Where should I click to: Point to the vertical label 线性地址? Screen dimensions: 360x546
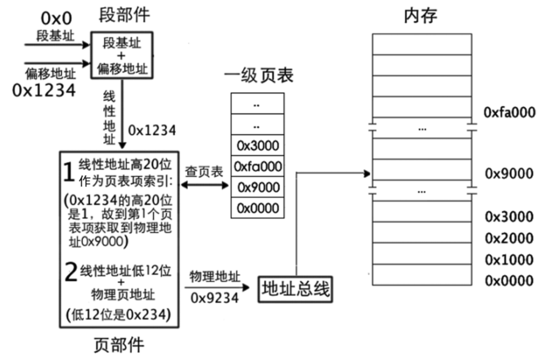pos(109,119)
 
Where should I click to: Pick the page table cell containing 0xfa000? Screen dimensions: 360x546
pos(258,167)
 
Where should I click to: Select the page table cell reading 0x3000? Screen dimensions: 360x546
pos(258,145)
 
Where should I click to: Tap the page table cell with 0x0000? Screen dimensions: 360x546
pos(258,208)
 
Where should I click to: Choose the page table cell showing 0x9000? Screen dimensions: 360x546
pos(258,187)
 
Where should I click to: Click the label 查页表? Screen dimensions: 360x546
pos(204,171)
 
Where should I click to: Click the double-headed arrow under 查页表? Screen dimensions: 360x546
pos(204,185)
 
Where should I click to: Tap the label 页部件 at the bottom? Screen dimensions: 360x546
pos(119,345)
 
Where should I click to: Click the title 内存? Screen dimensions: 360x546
pos(421,16)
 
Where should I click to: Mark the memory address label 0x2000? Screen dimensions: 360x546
pos(509,238)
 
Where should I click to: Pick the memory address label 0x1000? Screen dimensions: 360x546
pos(509,260)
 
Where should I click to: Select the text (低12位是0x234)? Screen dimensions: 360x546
pos(118,315)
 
